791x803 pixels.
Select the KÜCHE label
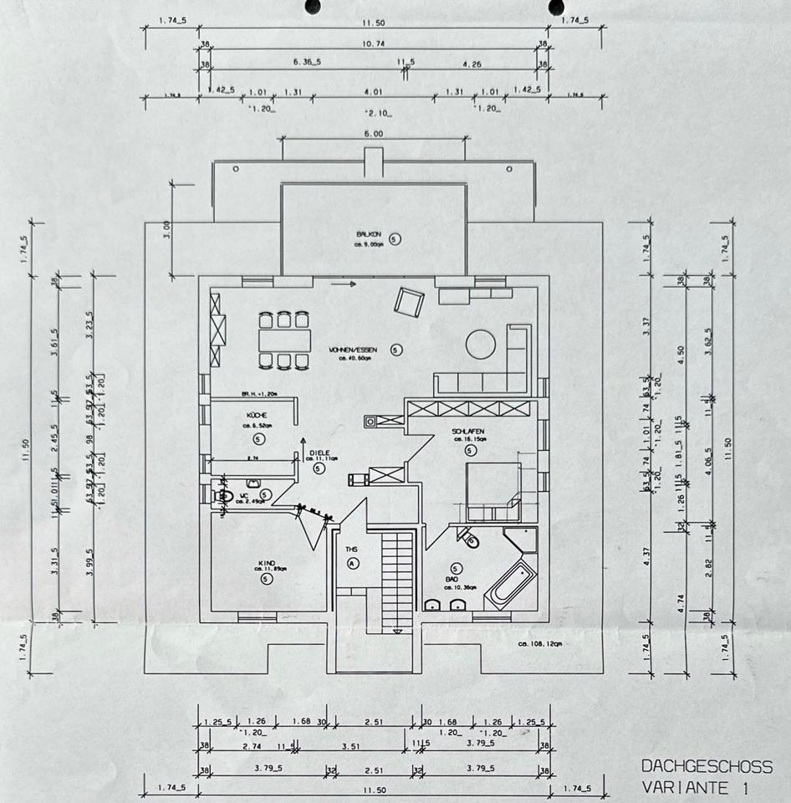(257, 416)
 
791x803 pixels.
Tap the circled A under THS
(352, 564)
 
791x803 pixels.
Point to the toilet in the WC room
(225, 496)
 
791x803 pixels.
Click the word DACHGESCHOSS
(707, 766)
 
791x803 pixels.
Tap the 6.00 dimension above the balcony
(373, 134)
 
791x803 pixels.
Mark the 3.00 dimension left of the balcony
(166, 226)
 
